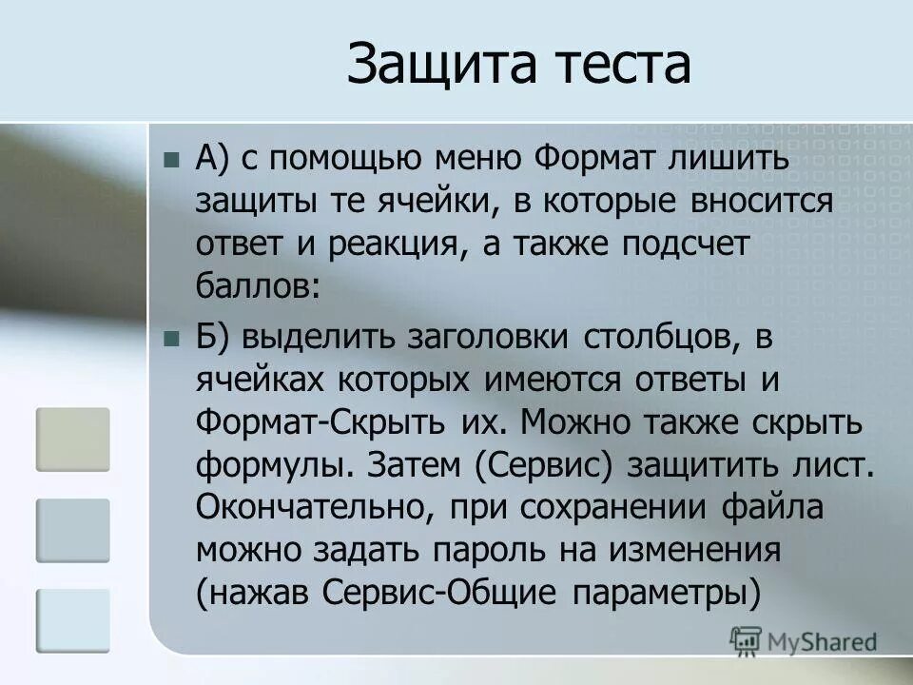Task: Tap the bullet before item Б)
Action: [171, 338]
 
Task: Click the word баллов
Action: [257, 284]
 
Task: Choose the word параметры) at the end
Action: [667, 593]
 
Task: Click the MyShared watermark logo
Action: [804, 641]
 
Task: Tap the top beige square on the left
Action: [73, 440]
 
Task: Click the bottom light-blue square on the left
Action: [73, 620]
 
